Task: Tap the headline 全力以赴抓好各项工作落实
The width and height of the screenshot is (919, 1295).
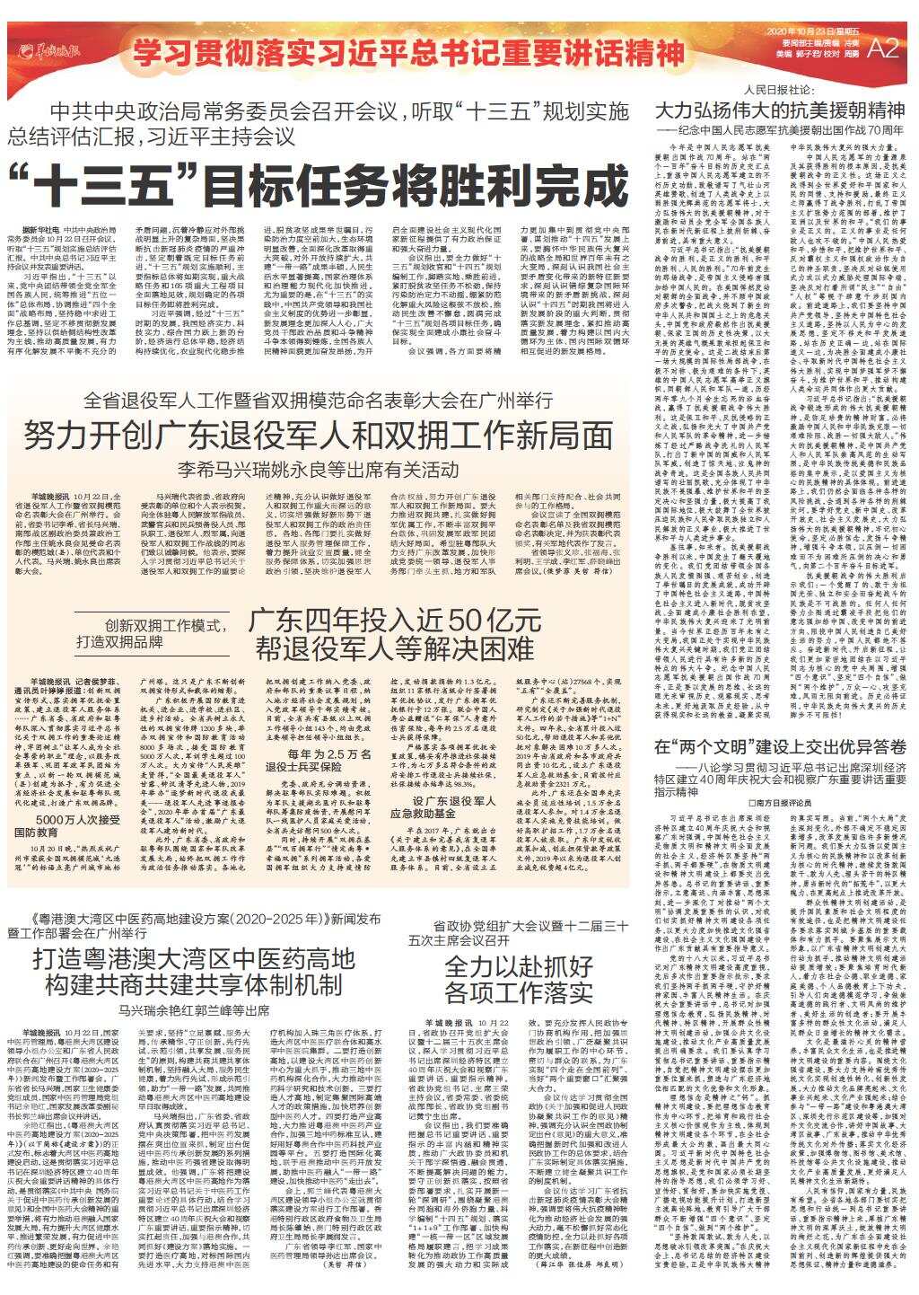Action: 519,980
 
